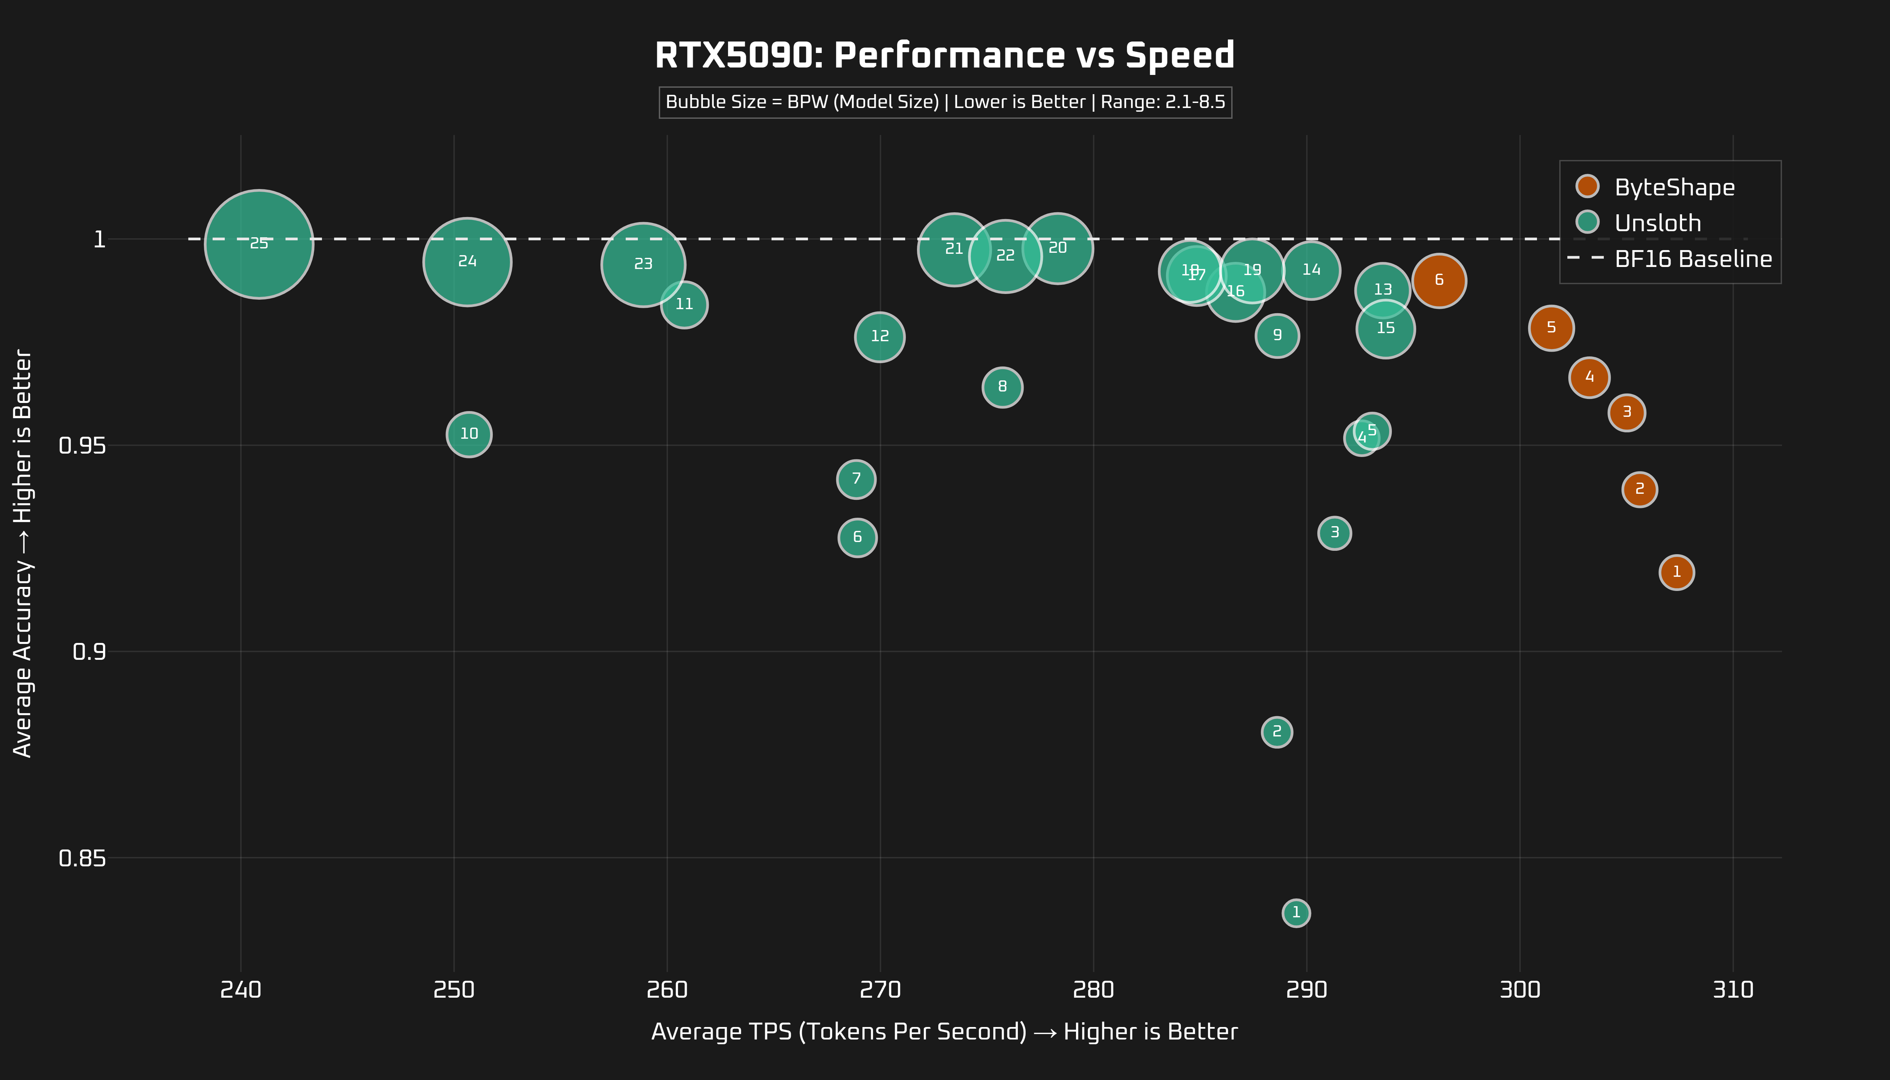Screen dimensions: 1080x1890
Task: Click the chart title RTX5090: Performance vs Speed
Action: pyautogui.click(x=944, y=56)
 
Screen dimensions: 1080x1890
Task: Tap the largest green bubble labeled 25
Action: pyautogui.click(x=259, y=244)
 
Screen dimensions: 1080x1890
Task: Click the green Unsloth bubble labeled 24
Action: pyautogui.click(x=467, y=262)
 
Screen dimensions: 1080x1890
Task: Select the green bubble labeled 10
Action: pyautogui.click(x=469, y=434)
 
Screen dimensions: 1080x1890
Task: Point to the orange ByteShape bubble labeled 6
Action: pyautogui.click(x=1439, y=280)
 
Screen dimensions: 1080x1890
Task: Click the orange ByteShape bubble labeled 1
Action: pyautogui.click(x=1676, y=572)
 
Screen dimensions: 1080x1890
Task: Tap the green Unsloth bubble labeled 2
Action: pyautogui.click(x=1276, y=732)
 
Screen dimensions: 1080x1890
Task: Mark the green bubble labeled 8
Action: pyautogui.click(x=1002, y=386)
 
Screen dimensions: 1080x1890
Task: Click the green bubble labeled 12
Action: pyautogui.click(x=880, y=337)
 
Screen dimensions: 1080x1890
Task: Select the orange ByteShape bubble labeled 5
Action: pyautogui.click(x=1551, y=328)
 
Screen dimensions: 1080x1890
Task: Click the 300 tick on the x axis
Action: pyautogui.click(x=1520, y=990)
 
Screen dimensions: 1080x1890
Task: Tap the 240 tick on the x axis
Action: pyautogui.click(x=240, y=990)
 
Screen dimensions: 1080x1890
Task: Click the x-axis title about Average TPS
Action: pyautogui.click(x=944, y=1032)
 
